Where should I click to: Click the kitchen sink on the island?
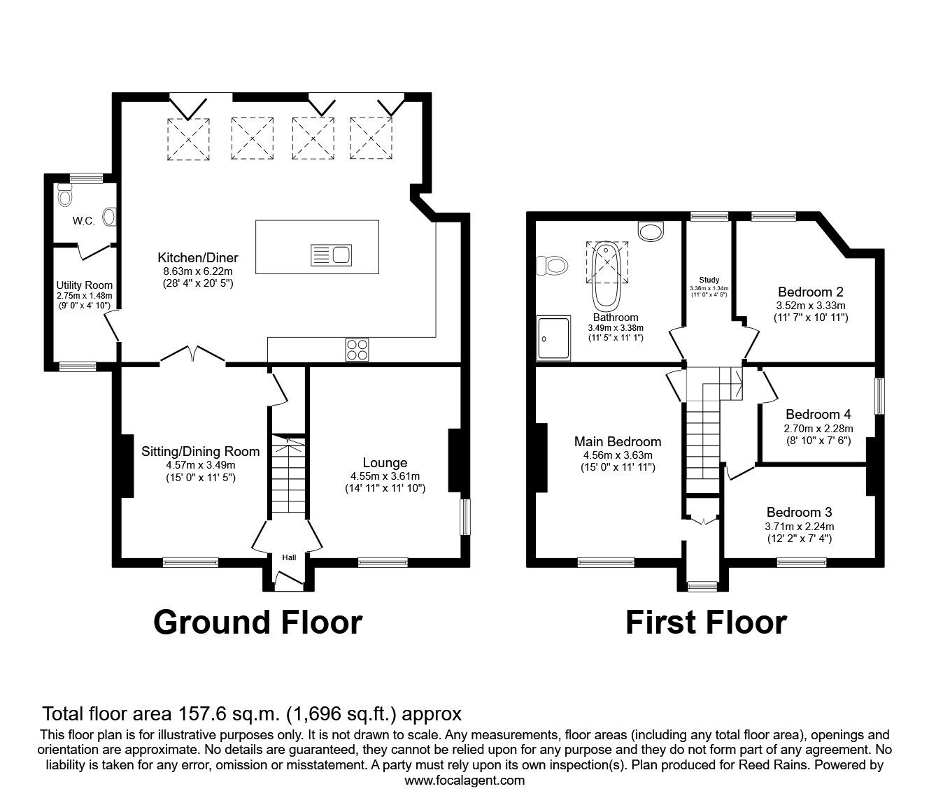click(x=332, y=255)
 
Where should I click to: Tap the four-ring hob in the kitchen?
click(x=357, y=349)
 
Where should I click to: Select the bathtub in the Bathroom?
click(x=606, y=276)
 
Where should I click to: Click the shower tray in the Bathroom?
click(x=553, y=338)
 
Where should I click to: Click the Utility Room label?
click(x=84, y=285)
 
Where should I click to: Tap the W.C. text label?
click(x=84, y=221)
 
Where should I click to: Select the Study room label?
click(x=709, y=280)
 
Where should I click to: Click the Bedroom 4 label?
click(x=818, y=414)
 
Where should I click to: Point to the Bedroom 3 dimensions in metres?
click(x=799, y=527)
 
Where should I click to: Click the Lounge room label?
click(x=385, y=462)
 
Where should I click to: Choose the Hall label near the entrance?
click(x=289, y=557)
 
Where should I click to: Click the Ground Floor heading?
click(x=257, y=622)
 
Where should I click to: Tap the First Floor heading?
click(x=705, y=622)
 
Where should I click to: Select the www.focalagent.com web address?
click(x=464, y=781)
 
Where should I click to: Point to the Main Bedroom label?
click(x=617, y=441)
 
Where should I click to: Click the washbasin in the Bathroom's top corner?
click(x=652, y=231)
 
